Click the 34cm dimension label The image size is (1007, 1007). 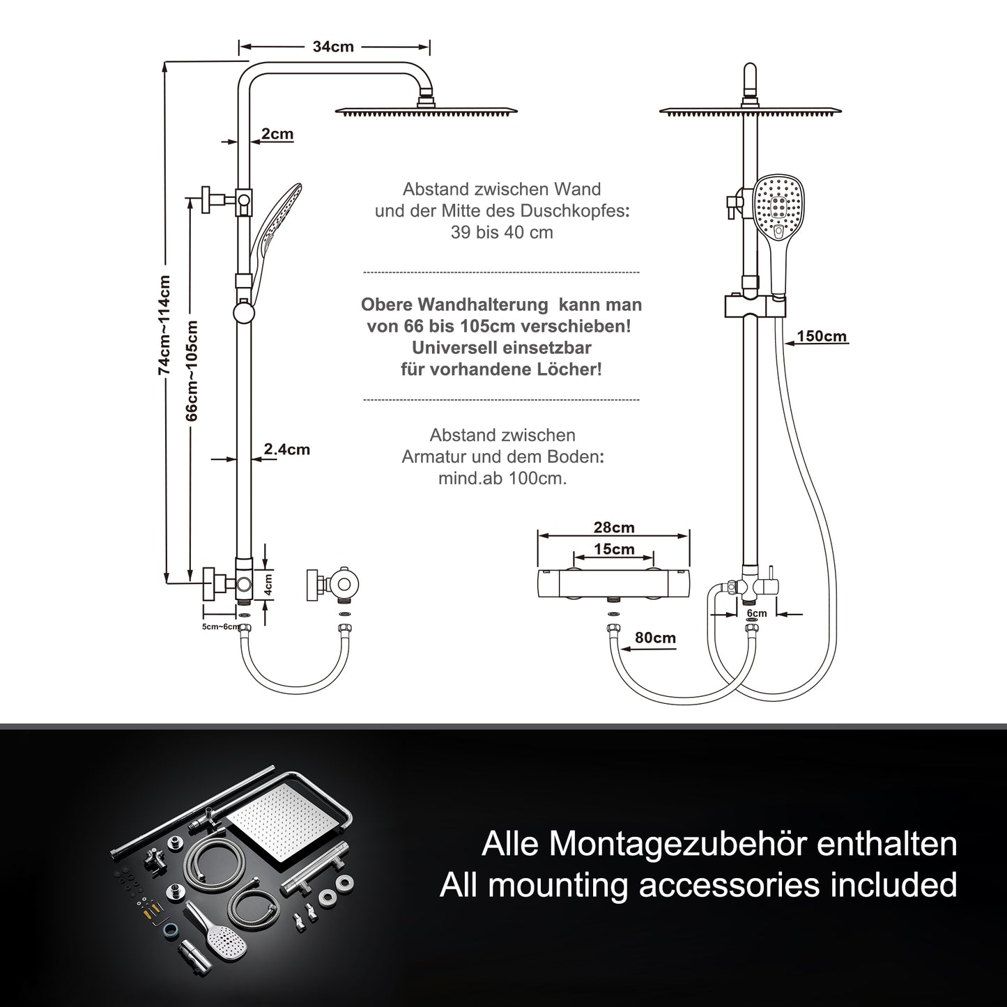click(x=333, y=47)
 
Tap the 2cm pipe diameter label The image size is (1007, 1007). click(x=277, y=134)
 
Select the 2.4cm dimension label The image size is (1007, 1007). click(x=286, y=449)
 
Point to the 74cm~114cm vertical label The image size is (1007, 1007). click(x=164, y=325)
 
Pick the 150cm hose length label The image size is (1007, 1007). click(x=822, y=337)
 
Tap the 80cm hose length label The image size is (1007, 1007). click(x=654, y=638)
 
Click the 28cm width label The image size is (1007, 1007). click(x=613, y=528)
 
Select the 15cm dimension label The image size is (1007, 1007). click(x=613, y=549)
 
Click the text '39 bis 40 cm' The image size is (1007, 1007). click(x=502, y=233)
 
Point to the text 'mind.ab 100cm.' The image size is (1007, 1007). click(x=502, y=479)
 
